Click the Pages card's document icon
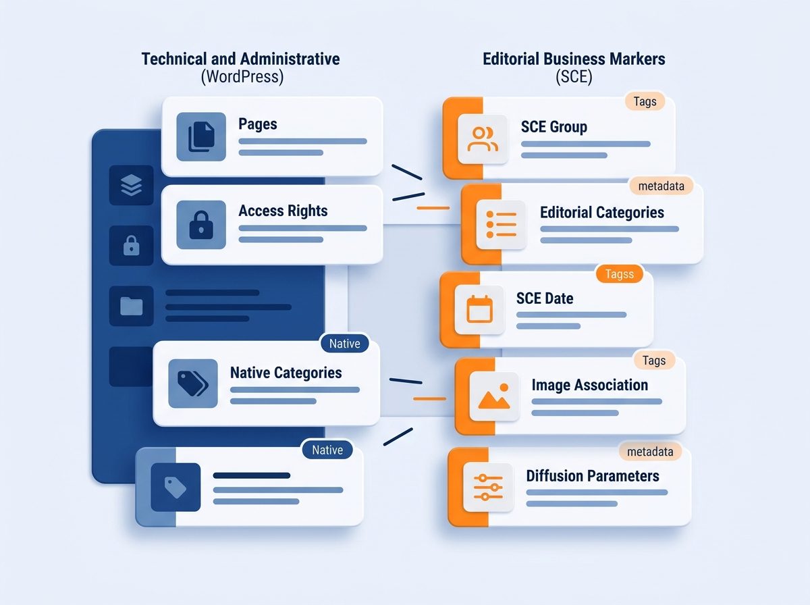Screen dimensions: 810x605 coord(201,136)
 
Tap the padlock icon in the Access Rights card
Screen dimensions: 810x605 coord(201,225)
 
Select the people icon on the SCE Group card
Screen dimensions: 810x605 coord(483,139)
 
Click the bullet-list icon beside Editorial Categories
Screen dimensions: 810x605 coord(501,224)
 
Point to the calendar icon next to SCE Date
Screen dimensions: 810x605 coord(480,309)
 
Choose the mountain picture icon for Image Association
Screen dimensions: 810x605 coord(494,396)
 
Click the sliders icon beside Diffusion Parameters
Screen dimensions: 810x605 coord(488,488)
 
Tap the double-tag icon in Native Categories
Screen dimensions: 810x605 coord(193,384)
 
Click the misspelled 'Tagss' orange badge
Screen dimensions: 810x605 coord(620,274)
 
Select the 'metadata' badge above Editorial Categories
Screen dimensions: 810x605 coord(661,186)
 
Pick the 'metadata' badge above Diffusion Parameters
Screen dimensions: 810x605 coord(650,452)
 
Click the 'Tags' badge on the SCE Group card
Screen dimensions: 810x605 coord(645,101)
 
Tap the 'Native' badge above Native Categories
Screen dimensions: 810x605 coord(345,344)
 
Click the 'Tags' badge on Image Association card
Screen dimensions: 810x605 coord(654,361)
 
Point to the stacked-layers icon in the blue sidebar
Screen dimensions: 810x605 coord(132,185)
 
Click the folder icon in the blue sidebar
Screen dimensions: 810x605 coord(132,306)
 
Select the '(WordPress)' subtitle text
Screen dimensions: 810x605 coord(242,77)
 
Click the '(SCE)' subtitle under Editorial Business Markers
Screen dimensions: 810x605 coord(574,77)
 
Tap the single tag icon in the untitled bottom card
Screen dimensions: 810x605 coord(175,488)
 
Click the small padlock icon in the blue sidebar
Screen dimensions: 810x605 coord(132,246)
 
